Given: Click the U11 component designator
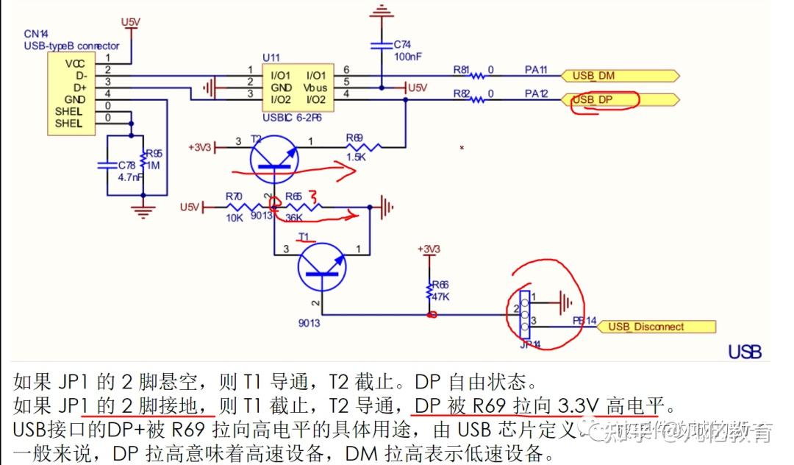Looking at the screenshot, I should pos(271,57).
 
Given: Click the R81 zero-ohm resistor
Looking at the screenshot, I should pos(478,75).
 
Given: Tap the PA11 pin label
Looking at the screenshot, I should pos(536,70).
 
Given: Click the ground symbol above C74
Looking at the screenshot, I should pos(381,11).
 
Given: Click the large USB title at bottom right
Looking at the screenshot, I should pos(745,352).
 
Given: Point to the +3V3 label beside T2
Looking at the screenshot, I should pos(200,147).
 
